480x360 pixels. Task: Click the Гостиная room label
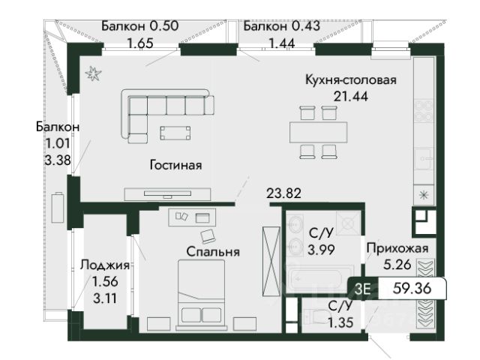pyautogui.click(x=175, y=165)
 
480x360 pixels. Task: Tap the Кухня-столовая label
pyautogui.click(x=351, y=80)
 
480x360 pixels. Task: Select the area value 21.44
pyautogui.click(x=351, y=97)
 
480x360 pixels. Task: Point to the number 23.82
pyautogui.click(x=283, y=193)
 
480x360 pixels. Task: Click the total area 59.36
pyautogui.click(x=412, y=288)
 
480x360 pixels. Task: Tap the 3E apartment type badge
pyautogui.click(x=362, y=289)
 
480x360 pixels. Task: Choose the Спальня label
pyautogui.click(x=213, y=252)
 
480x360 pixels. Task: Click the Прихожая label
pyautogui.click(x=397, y=248)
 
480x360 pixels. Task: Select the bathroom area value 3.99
pyautogui.click(x=321, y=250)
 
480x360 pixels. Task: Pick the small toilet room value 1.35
pyautogui.click(x=340, y=322)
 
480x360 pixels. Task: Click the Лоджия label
pyautogui.click(x=105, y=265)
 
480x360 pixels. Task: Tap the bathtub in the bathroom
pyautogui.click(x=317, y=278)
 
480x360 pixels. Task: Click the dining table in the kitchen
pyautogui.click(x=318, y=132)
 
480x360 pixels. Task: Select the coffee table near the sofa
pyautogui.click(x=175, y=133)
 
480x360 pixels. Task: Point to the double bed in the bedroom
pyautogui.click(x=201, y=295)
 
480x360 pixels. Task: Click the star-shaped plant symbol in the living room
pyautogui.click(x=93, y=73)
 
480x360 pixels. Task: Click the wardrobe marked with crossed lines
pyautogui.click(x=271, y=262)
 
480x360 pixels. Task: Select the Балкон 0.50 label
pyautogui.click(x=140, y=25)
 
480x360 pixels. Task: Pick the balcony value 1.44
pyautogui.click(x=282, y=43)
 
